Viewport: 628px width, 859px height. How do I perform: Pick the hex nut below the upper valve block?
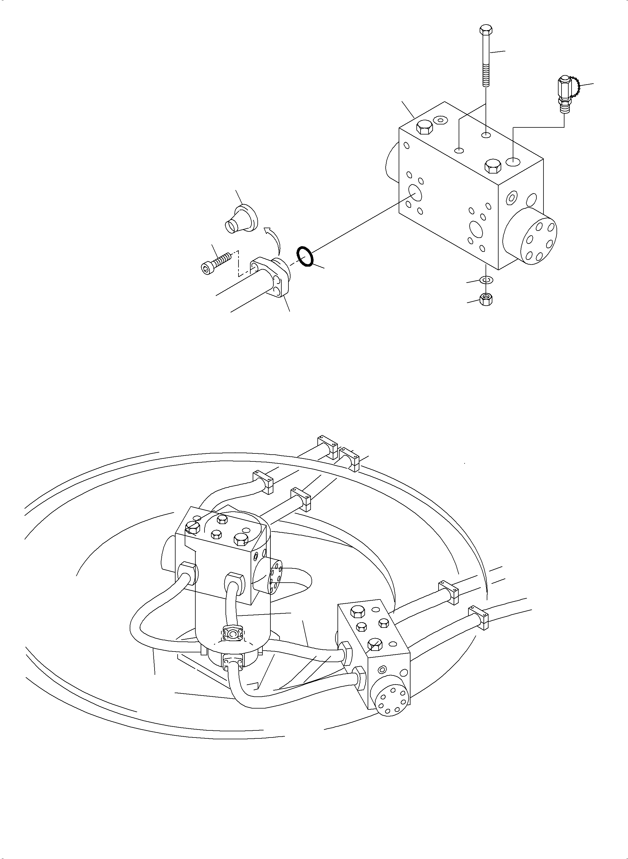(x=486, y=300)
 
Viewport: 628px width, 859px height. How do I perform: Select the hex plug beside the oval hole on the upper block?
(x=492, y=166)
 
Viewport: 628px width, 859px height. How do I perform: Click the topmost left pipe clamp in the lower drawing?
(x=327, y=445)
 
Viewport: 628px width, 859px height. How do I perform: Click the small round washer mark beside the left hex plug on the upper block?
(x=440, y=120)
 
